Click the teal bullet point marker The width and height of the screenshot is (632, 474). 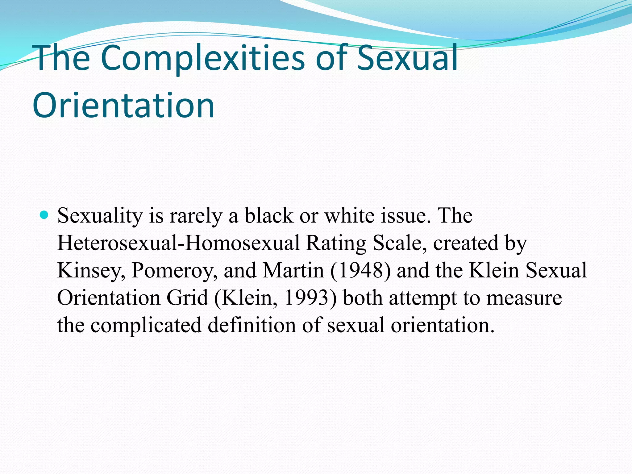click(x=44, y=214)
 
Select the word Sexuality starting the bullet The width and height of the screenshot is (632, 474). click(x=100, y=216)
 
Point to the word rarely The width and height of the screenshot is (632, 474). click(x=196, y=216)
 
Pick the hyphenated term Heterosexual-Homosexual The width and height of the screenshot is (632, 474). click(x=178, y=243)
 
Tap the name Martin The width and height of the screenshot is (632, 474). click(x=293, y=270)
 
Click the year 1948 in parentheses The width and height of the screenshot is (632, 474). click(x=360, y=270)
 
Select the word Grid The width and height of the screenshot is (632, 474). click(x=187, y=298)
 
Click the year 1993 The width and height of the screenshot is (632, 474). click(x=307, y=298)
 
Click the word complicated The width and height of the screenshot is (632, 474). click(x=146, y=326)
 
